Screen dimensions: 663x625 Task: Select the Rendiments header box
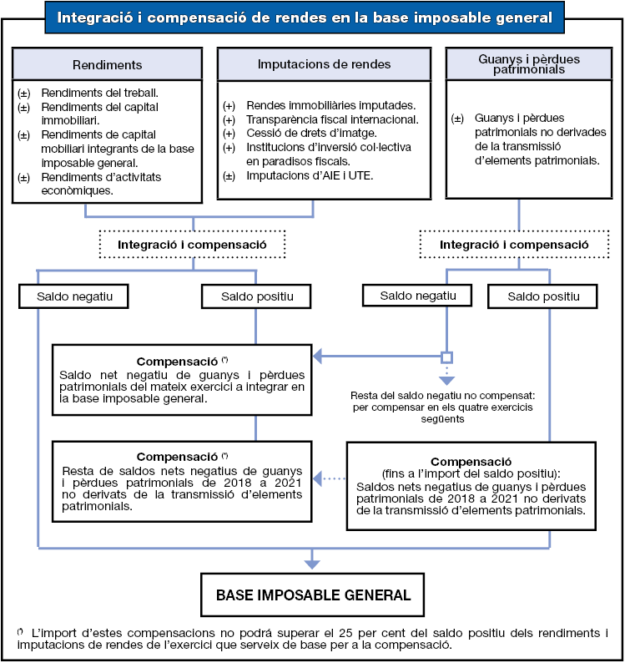tap(108, 64)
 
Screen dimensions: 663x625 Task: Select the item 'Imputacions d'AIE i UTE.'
tap(310, 175)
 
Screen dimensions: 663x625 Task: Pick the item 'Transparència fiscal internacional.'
tap(332, 119)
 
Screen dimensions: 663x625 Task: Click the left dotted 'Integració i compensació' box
tap(192, 245)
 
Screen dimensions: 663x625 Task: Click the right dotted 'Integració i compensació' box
tap(515, 245)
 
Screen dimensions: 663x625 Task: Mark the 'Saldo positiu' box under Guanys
tap(542, 296)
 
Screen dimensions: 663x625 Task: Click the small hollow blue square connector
tap(446, 357)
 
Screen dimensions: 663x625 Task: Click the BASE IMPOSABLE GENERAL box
tap(313, 595)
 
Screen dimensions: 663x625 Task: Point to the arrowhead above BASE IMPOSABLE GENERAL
tap(312, 564)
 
